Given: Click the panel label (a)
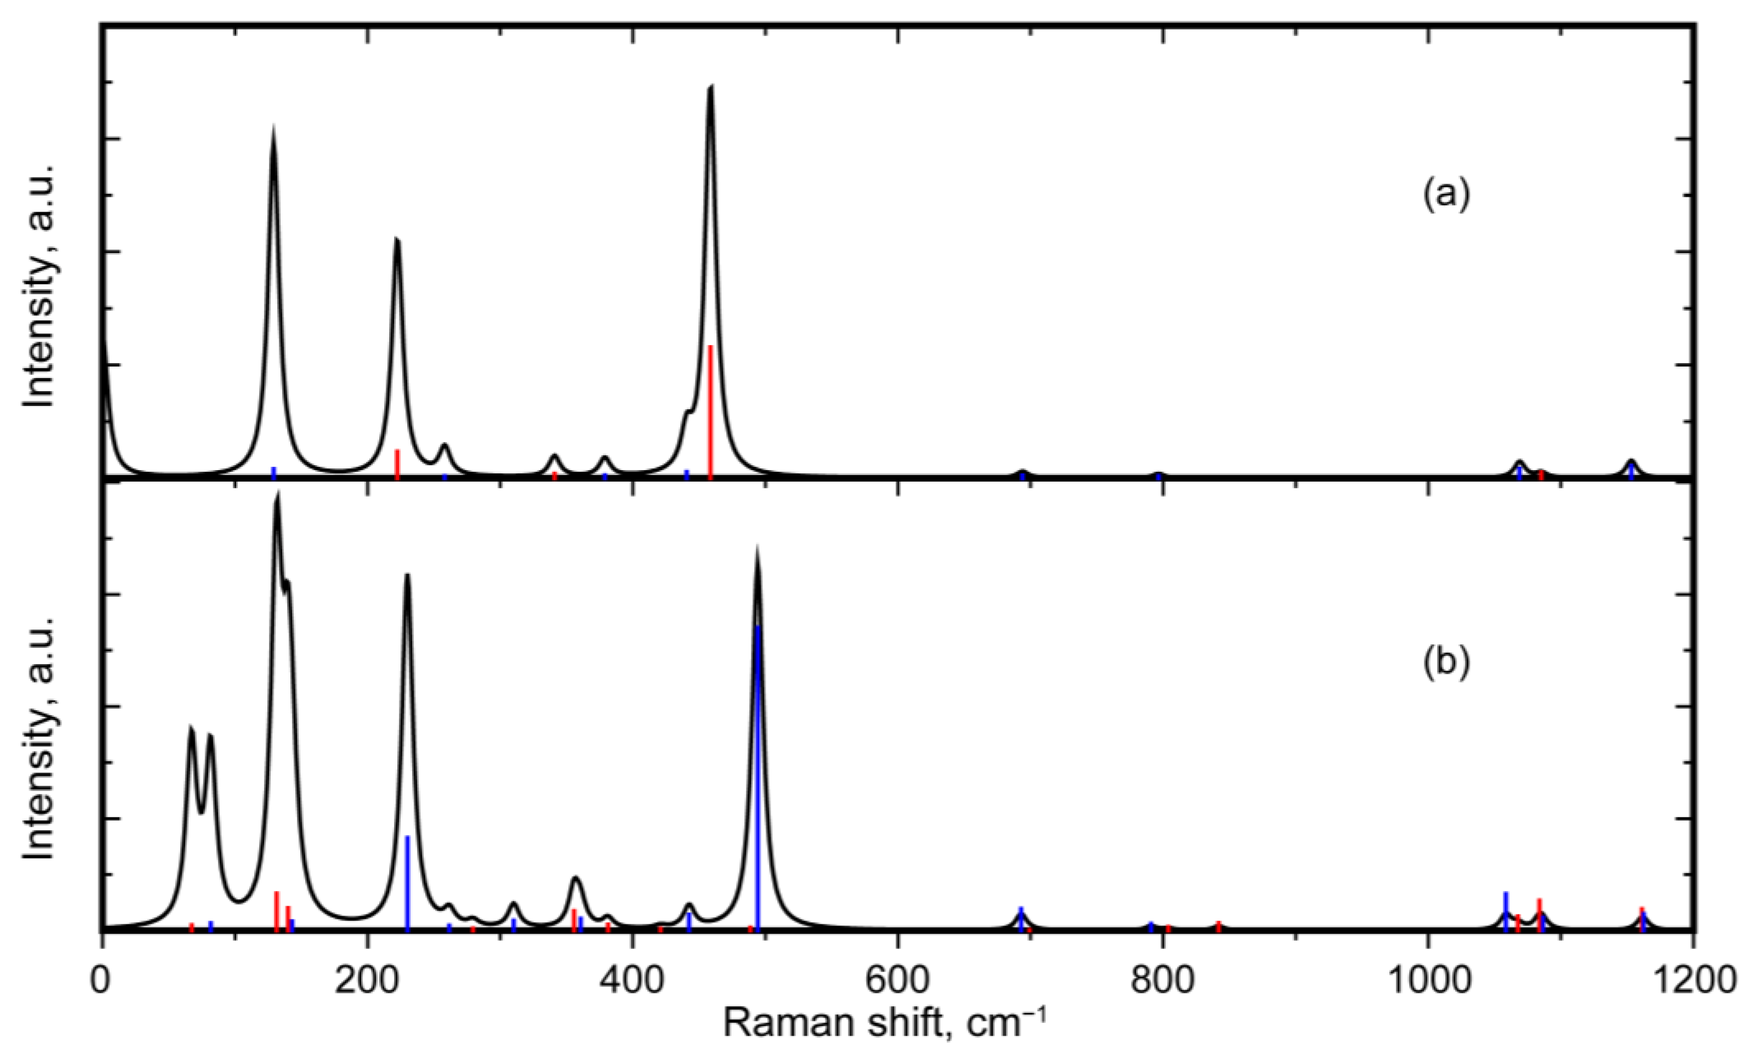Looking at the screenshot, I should coord(1446,195).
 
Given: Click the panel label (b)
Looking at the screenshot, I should coord(1446,664).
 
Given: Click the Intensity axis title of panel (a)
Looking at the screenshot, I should coord(39,285).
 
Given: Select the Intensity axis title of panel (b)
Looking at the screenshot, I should coord(39,737).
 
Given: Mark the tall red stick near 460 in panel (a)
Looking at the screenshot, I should coord(710,413).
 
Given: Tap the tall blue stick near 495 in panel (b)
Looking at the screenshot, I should coord(758,776).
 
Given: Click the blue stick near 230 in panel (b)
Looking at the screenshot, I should coord(407,883).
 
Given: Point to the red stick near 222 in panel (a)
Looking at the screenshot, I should coord(397,463).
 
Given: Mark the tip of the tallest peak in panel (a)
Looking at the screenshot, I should coord(710,87).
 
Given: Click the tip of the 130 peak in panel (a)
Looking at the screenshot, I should coord(273,128).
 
